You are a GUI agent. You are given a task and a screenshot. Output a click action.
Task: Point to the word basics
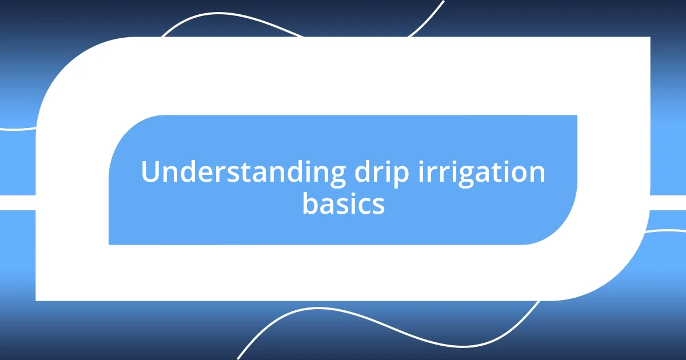pos(343,204)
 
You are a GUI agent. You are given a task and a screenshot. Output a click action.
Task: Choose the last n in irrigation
pos(536,174)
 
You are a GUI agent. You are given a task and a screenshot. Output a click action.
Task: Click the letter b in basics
pos(309,203)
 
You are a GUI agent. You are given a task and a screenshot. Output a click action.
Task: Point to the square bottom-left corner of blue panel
pos(110,243)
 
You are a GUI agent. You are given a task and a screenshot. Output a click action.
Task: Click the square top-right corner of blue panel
pos(576,116)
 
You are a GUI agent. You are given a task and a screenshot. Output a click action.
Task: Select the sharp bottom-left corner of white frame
pos(37,299)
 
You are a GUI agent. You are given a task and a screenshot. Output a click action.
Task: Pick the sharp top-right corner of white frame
pos(649,38)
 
